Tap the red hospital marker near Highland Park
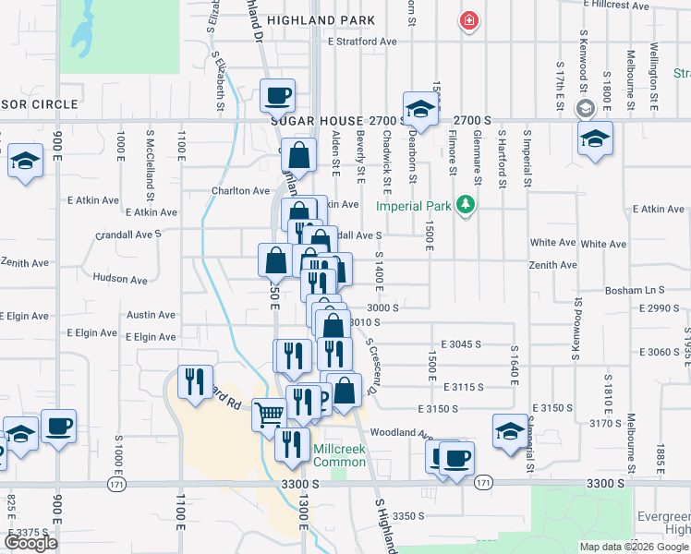point(469,20)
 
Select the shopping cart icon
point(269,414)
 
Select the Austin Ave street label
point(151,315)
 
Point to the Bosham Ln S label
point(635,291)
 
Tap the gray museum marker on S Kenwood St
point(584,109)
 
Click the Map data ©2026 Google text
point(634,547)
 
